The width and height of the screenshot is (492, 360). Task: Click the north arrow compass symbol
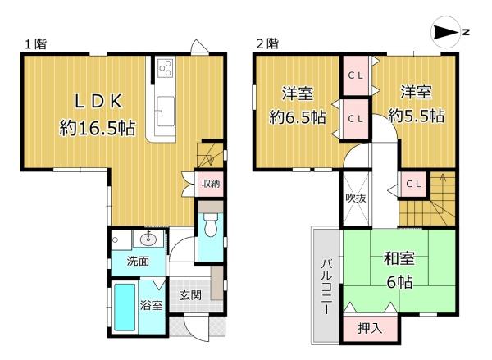click(445, 32)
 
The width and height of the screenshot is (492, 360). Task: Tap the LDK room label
click(98, 101)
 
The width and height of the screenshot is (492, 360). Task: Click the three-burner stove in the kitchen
click(166, 68)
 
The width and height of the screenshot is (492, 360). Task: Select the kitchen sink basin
click(166, 112)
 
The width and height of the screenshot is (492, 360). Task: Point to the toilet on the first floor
click(210, 225)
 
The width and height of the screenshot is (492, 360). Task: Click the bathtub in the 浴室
click(125, 308)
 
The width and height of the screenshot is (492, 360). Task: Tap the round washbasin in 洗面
click(148, 240)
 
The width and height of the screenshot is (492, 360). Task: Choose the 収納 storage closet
click(211, 184)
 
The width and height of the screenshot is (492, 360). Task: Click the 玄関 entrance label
click(190, 295)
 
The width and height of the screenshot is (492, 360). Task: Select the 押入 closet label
click(370, 328)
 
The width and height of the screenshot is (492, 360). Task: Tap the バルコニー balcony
click(326, 285)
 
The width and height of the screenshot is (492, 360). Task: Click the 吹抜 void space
click(356, 198)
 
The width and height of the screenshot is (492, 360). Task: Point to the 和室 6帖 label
click(399, 271)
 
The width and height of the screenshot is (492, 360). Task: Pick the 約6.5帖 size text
click(297, 118)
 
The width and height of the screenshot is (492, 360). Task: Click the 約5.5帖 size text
click(416, 116)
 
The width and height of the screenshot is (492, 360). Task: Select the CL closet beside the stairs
click(413, 185)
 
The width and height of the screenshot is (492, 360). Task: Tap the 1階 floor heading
click(36, 44)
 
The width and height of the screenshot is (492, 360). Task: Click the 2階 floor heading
click(267, 43)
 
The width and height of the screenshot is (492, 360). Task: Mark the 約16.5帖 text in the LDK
click(98, 128)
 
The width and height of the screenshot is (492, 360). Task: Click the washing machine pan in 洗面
click(121, 240)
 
